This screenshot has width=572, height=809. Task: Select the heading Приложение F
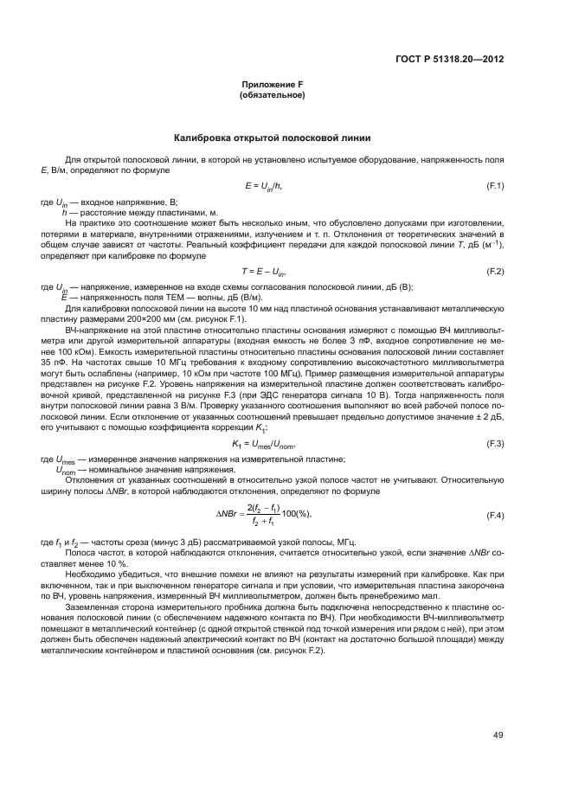pos(272,85)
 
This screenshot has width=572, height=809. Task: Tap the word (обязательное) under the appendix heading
pos(272,95)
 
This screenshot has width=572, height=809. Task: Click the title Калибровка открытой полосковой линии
pos(272,138)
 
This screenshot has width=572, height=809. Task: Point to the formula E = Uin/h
pos(265,186)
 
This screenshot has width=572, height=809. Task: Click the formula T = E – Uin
pos(265,273)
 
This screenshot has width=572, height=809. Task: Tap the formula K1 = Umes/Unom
pos(264,444)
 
